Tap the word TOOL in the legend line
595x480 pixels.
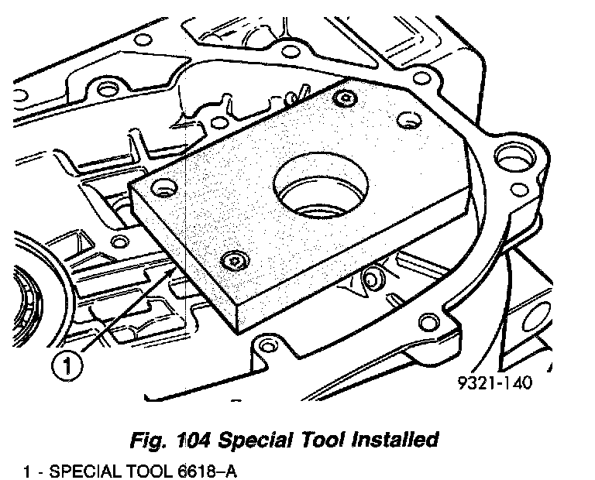(x=143, y=469)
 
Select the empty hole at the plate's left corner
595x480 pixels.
(x=161, y=187)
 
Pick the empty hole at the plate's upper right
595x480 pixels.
(x=406, y=120)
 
